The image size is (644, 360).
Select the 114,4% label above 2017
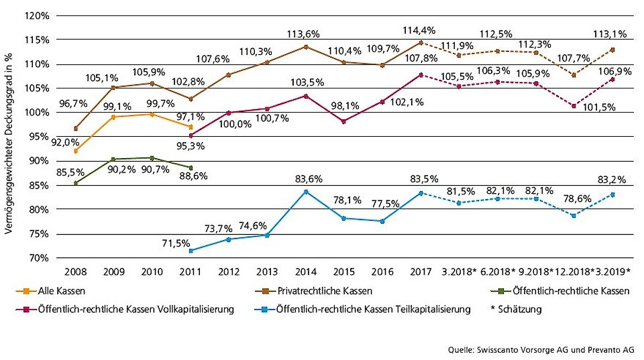coord(419,30)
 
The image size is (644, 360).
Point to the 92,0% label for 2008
coord(68,142)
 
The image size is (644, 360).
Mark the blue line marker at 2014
coord(306,192)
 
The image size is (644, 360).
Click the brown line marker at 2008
coord(76,128)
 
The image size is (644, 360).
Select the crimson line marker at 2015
coord(344,121)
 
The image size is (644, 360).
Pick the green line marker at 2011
coord(191,168)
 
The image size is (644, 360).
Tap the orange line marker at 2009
coord(114,117)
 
